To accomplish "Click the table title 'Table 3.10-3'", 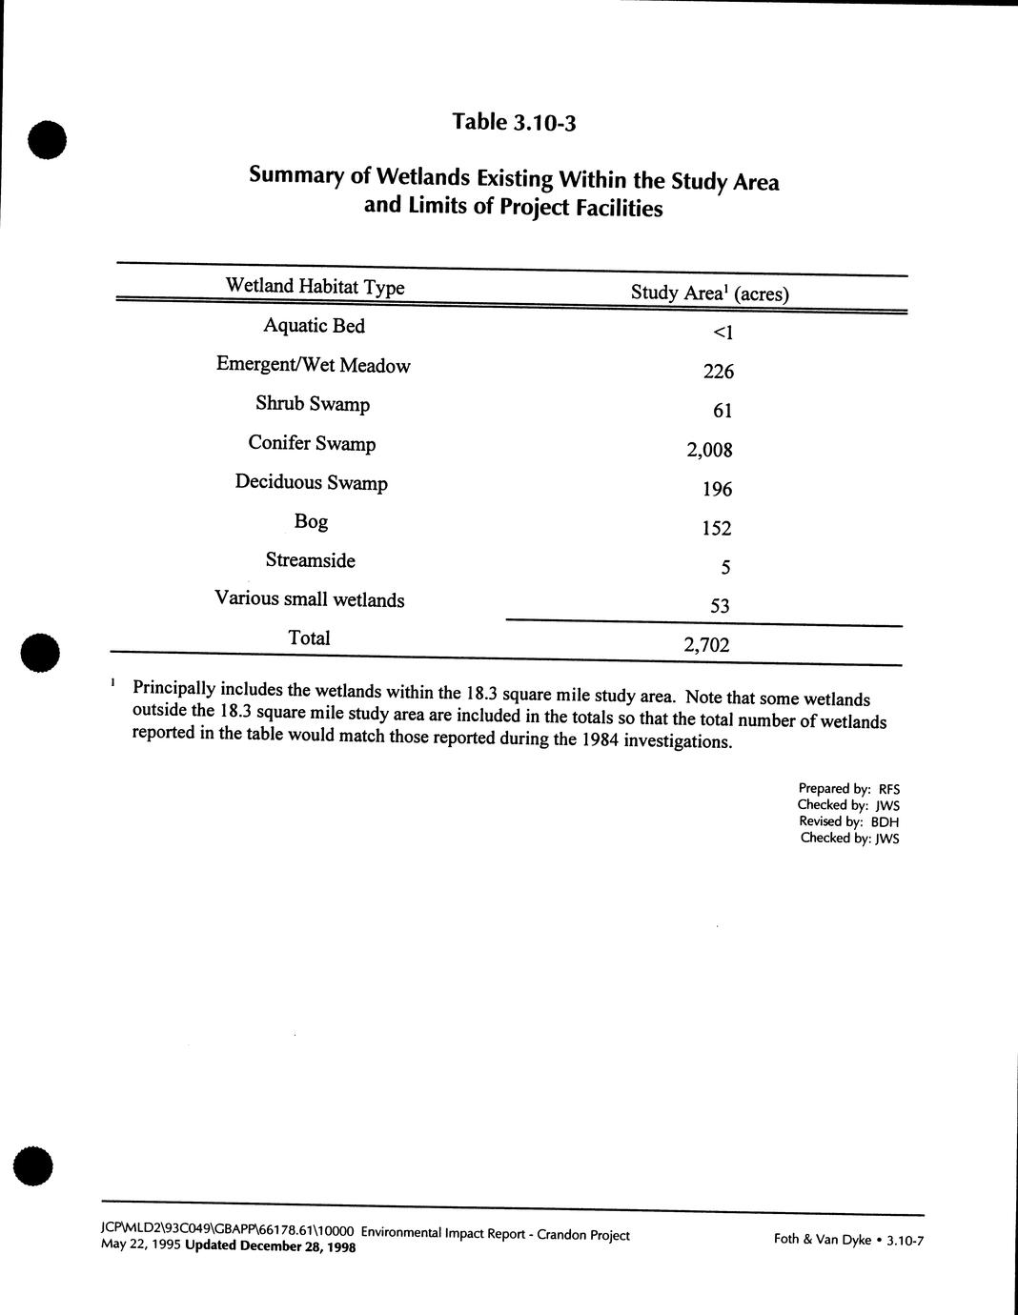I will click(515, 123).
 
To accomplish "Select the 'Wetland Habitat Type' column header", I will click(315, 287).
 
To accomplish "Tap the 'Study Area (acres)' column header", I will click(709, 293).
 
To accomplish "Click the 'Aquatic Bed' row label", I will click(314, 326).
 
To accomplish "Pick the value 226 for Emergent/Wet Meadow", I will click(718, 372).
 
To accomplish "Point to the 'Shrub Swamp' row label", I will click(312, 404).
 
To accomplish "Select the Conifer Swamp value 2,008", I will click(709, 450).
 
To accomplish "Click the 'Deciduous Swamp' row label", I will click(311, 482).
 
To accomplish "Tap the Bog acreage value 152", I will click(717, 528).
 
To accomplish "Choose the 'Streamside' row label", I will click(310, 560).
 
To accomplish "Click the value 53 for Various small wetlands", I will click(720, 606).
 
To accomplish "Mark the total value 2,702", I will click(706, 645).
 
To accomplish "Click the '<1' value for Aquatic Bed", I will click(723, 333).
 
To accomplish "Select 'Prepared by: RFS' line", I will click(848, 789).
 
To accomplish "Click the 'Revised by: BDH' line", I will click(848, 821).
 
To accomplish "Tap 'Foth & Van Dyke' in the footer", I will click(822, 1241).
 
